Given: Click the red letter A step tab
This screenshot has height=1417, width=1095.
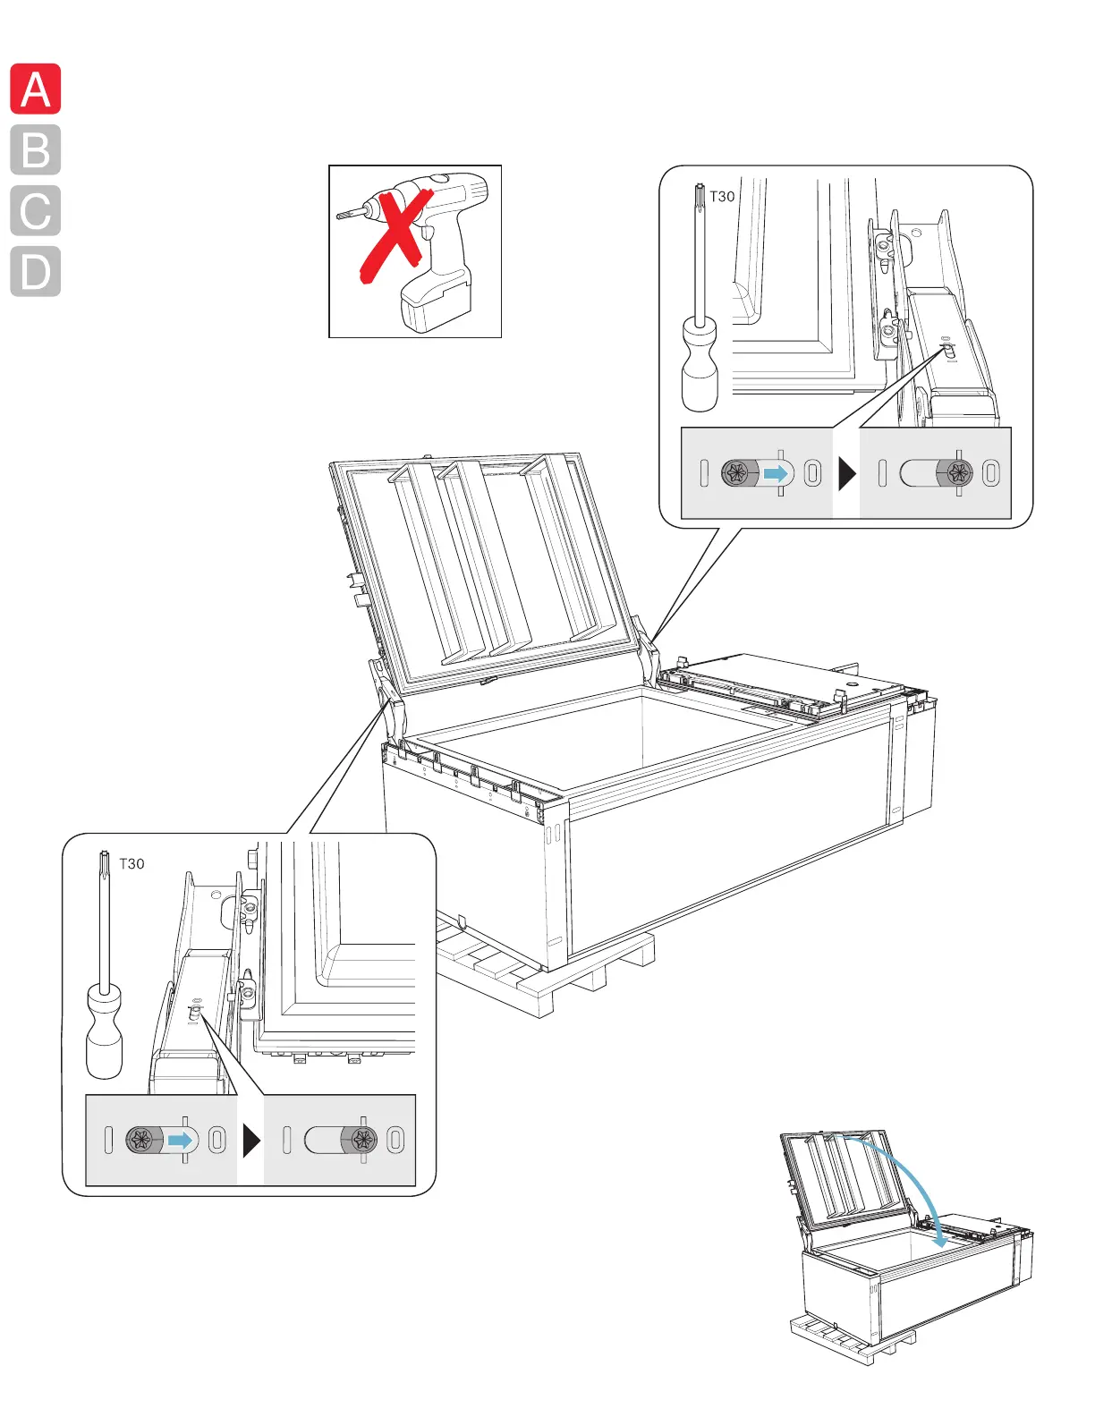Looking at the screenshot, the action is [36, 89].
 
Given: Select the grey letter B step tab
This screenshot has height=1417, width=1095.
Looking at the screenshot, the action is [36, 150].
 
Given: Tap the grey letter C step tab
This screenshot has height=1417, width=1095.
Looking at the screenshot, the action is [36, 211].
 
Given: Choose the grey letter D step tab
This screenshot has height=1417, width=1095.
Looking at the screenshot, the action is [36, 272].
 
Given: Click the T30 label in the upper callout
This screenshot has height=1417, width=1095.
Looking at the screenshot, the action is [722, 197].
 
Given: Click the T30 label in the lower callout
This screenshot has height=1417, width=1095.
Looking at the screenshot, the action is [132, 864].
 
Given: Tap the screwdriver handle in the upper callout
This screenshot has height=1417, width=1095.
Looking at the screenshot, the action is [700, 367].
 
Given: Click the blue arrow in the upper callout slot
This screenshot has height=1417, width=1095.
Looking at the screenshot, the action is [777, 473].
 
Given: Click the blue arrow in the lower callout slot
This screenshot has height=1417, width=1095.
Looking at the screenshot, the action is [182, 1141].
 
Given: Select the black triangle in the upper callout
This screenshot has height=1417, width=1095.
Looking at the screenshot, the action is [846, 473].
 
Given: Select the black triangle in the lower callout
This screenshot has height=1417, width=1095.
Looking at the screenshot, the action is [251, 1141].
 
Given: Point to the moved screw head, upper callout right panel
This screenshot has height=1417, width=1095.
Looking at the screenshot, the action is [958, 473].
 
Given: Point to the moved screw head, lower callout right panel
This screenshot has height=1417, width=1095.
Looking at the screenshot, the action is [363, 1140].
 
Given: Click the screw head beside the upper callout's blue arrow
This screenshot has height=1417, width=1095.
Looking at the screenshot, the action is [738, 473].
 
